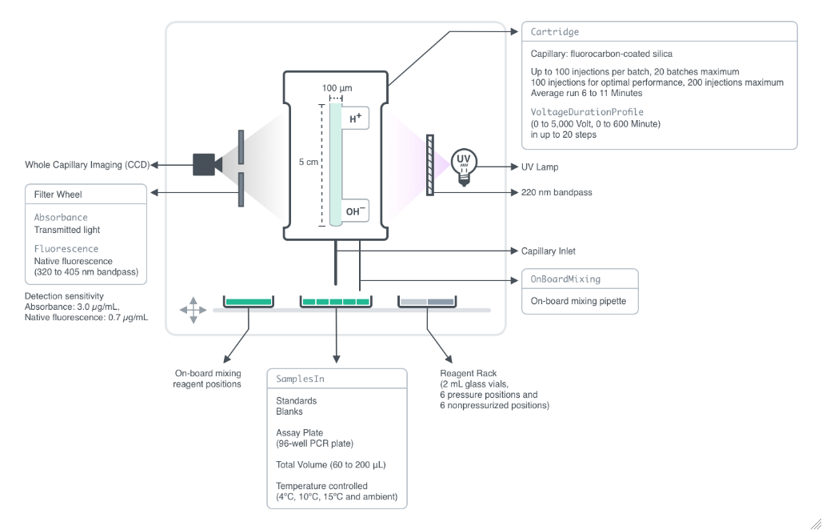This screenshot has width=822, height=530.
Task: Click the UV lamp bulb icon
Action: (462, 165)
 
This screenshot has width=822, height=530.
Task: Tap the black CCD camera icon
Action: (205, 164)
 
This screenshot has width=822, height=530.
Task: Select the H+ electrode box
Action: (356, 118)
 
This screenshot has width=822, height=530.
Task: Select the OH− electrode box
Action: (356, 211)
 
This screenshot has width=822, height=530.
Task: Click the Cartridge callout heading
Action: (554, 32)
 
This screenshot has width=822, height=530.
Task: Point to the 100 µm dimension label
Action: (337, 87)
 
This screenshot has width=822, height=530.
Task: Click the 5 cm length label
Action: (309, 162)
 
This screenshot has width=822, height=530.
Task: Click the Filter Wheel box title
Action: (58, 194)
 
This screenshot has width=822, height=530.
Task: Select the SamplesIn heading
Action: (300, 378)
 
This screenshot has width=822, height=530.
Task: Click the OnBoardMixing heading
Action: (565, 279)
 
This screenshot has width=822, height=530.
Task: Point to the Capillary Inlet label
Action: (548, 251)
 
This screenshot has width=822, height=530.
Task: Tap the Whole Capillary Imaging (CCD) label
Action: (75, 165)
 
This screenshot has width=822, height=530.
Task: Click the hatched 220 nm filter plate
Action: (430, 166)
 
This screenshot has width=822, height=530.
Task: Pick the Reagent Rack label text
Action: (468, 373)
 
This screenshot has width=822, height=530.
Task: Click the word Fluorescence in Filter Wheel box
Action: (66, 249)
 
